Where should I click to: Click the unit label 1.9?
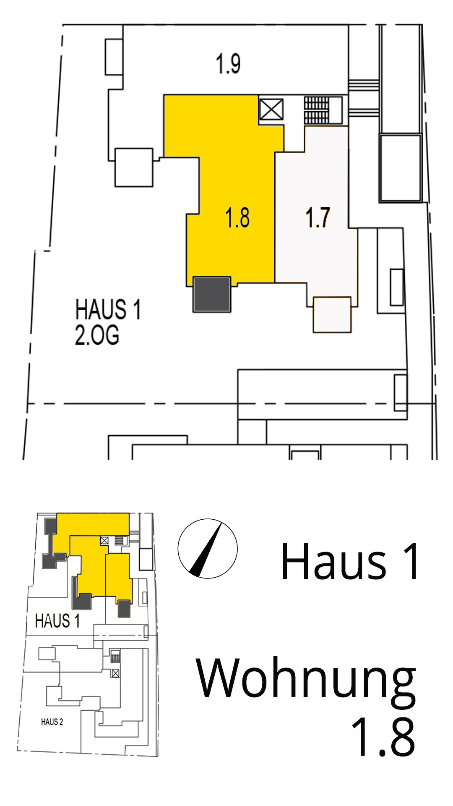228,64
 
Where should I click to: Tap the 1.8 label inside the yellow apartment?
237,217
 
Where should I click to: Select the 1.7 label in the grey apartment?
318,217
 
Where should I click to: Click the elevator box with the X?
271,110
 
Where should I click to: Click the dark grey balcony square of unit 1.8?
212,294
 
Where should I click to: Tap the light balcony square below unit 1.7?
332,315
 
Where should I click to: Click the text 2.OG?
97,335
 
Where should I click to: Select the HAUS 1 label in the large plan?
108,309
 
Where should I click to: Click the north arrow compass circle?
208,549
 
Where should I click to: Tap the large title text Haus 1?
350,562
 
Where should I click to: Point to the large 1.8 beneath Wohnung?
383,737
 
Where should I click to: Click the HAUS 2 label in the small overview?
52,722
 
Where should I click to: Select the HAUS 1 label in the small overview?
57,621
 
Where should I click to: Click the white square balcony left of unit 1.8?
134,167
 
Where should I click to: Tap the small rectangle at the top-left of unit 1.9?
114,57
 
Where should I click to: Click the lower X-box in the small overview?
115,673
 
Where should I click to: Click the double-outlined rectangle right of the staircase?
401,168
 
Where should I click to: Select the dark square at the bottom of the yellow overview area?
124,609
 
